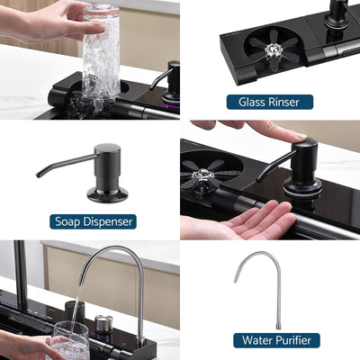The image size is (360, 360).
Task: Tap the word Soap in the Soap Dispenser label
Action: point(70,220)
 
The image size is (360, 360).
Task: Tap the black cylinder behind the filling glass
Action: point(76,311)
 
